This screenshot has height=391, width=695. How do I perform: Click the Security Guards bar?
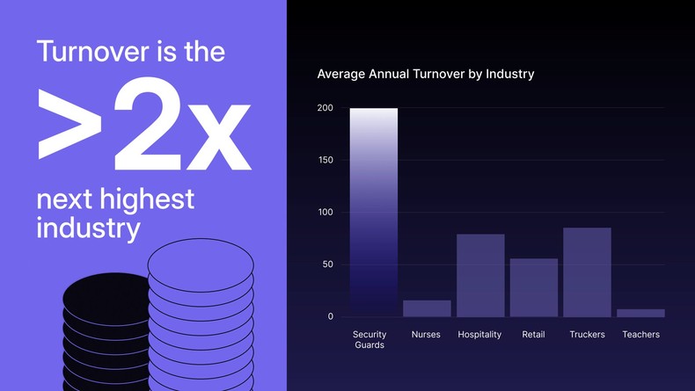pyautogui.click(x=373, y=212)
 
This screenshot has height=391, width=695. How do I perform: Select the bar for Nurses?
pyautogui.click(x=427, y=308)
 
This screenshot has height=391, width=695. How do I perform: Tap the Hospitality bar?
pyautogui.click(x=480, y=275)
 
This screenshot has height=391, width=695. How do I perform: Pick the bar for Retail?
pyautogui.click(x=533, y=287)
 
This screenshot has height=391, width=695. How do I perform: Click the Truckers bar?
pyautogui.click(x=587, y=272)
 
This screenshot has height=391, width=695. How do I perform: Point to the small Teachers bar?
pyautogui.click(x=640, y=313)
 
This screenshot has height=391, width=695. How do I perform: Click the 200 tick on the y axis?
pyautogui.click(x=326, y=108)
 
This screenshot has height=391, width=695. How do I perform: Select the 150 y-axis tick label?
pyautogui.click(x=326, y=160)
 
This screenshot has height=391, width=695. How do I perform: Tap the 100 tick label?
pyautogui.click(x=326, y=213)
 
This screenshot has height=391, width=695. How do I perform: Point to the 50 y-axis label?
pyautogui.click(x=327, y=264)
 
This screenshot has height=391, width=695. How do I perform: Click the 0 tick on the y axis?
pyautogui.click(x=330, y=316)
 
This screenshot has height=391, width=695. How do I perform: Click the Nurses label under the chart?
pyautogui.click(x=427, y=335)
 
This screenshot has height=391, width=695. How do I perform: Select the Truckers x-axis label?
pyautogui.click(x=587, y=335)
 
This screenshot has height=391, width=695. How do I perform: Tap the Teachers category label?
pyautogui.click(x=640, y=335)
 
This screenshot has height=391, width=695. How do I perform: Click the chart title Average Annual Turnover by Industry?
pyautogui.click(x=425, y=74)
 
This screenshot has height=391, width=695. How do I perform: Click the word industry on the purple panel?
pyautogui.click(x=88, y=228)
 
